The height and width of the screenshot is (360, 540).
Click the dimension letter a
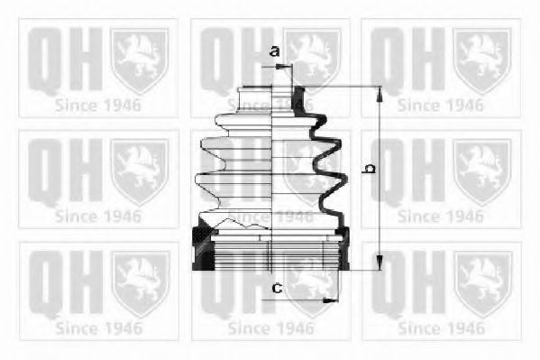274,52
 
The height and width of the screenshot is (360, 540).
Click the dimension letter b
368,168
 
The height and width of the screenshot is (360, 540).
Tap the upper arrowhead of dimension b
379,91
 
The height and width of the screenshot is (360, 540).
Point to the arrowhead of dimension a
288,66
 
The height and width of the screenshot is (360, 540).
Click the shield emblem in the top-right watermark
481,61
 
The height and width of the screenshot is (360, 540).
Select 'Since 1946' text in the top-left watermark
97,105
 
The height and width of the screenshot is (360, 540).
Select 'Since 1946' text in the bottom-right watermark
440,328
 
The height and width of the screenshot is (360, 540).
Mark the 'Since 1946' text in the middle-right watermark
440,217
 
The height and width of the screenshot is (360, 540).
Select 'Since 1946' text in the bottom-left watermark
97,328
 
